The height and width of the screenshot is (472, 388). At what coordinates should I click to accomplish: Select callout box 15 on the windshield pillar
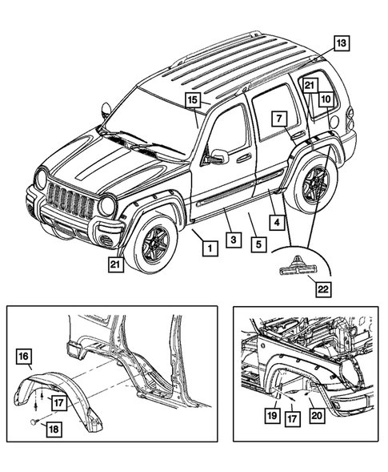(193, 100)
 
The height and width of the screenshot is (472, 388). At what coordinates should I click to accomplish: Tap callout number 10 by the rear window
(326, 100)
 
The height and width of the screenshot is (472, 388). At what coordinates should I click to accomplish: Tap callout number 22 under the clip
(323, 290)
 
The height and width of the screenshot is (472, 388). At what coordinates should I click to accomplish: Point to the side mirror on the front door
(218, 156)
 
